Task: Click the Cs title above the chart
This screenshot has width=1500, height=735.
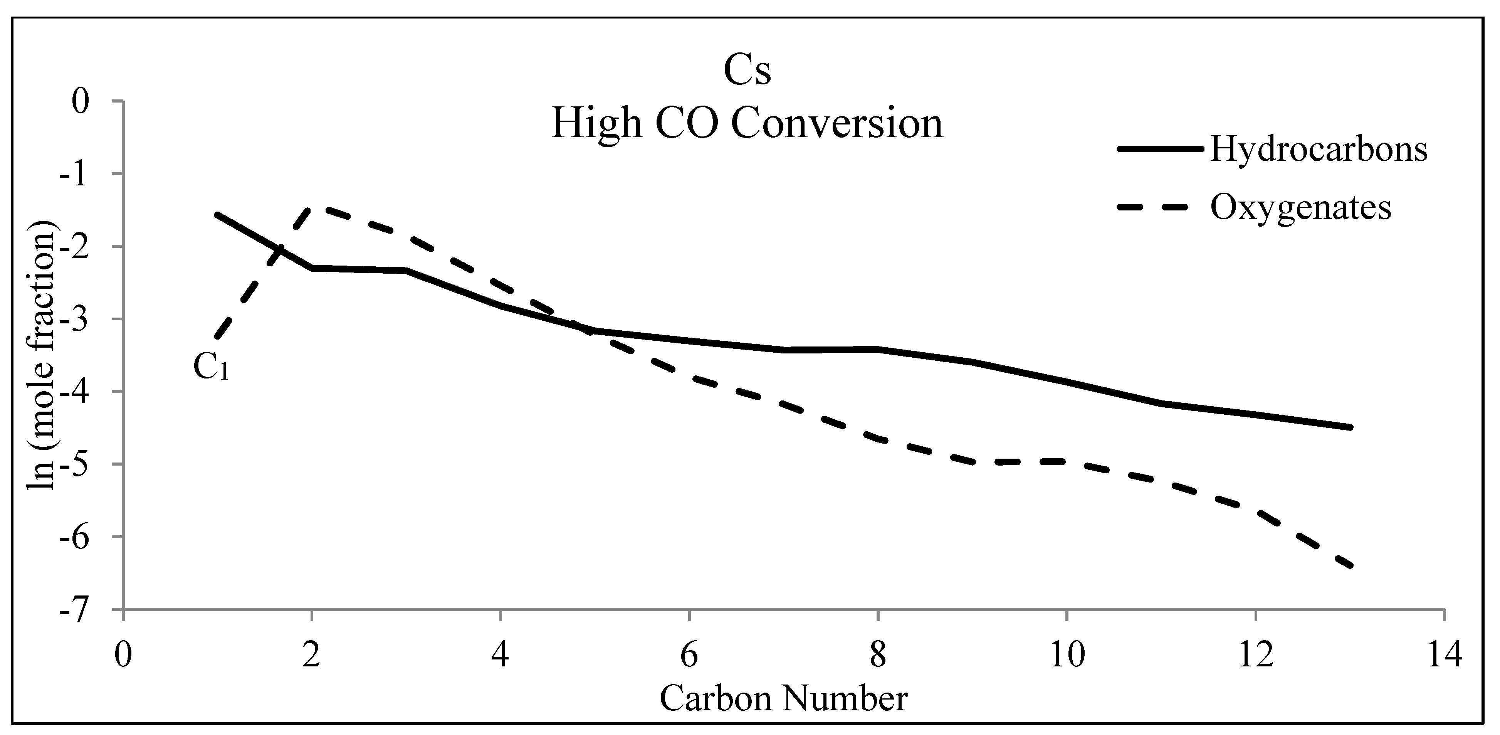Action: point(747,71)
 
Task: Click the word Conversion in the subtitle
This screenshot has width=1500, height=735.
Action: point(837,124)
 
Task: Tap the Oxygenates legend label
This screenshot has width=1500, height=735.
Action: point(1301,207)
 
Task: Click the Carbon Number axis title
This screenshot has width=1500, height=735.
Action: point(783,698)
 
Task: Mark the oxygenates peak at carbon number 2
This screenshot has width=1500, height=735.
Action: point(312,208)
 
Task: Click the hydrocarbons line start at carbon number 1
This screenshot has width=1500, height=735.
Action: point(217,214)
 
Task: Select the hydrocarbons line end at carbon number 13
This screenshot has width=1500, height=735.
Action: point(1350,427)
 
